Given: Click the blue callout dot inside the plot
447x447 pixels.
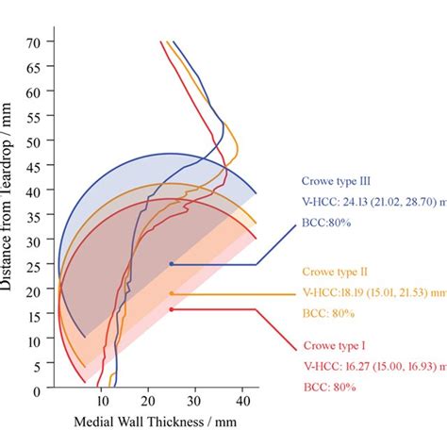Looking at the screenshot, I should click(x=171, y=264).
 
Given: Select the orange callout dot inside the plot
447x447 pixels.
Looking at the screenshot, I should click(x=171, y=293).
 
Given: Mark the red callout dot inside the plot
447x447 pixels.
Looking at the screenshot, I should click(x=171, y=308).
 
